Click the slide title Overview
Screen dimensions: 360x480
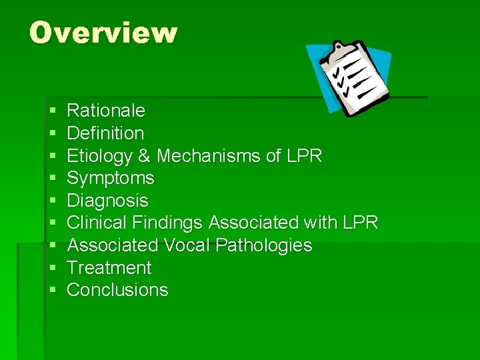[x=103, y=33]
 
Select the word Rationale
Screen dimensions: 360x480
[x=106, y=110]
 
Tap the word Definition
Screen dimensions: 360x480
[x=105, y=133]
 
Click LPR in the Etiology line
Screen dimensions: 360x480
[x=305, y=155]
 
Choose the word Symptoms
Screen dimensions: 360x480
[x=111, y=178]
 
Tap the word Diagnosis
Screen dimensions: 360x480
[x=108, y=201]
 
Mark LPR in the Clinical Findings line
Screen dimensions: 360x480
[x=360, y=223]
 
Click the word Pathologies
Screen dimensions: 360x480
[x=264, y=245]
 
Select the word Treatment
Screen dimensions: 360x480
[x=109, y=268]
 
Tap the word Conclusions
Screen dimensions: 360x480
[x=117, y=290]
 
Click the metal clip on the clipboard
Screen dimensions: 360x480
[x=342, y=51]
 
